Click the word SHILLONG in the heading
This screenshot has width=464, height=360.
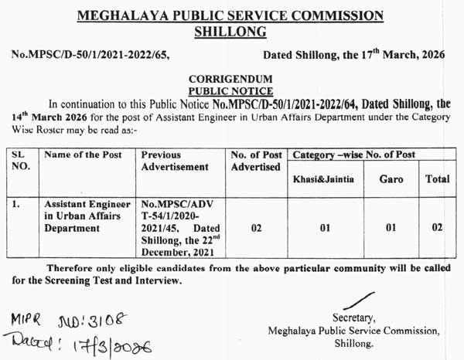[231, 32]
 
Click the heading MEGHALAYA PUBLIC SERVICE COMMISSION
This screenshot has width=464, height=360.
[231, 15]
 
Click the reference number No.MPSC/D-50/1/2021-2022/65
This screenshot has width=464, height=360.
[90, 56]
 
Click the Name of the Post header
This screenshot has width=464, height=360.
[84, 155]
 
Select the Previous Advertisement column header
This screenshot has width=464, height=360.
[176, 161]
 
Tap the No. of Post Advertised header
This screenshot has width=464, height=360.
[256, 161]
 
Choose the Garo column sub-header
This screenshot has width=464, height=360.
[391, 178]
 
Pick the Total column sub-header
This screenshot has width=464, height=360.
[437, 178]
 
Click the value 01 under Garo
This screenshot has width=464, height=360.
[391, 229]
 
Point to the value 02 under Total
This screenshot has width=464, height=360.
[437, 229]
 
